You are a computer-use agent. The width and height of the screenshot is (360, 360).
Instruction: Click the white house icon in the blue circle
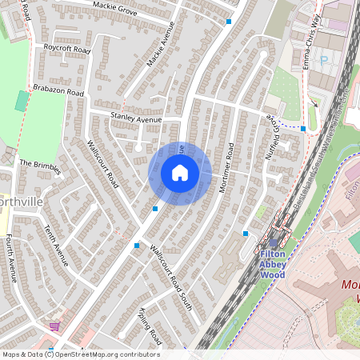tap(180, 173)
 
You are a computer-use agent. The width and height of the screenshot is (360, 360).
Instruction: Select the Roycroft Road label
tap(67, 49)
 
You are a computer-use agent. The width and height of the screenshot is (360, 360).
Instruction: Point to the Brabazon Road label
tap(58, 92)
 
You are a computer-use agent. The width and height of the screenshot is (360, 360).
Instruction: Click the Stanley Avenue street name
tap(135, 118)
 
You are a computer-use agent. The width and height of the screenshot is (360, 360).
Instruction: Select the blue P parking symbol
tap(322, 58)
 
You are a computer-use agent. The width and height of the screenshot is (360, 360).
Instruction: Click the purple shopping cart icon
tap(54, 326)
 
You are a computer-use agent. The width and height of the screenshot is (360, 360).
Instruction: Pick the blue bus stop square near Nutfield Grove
tap(302, 128)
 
